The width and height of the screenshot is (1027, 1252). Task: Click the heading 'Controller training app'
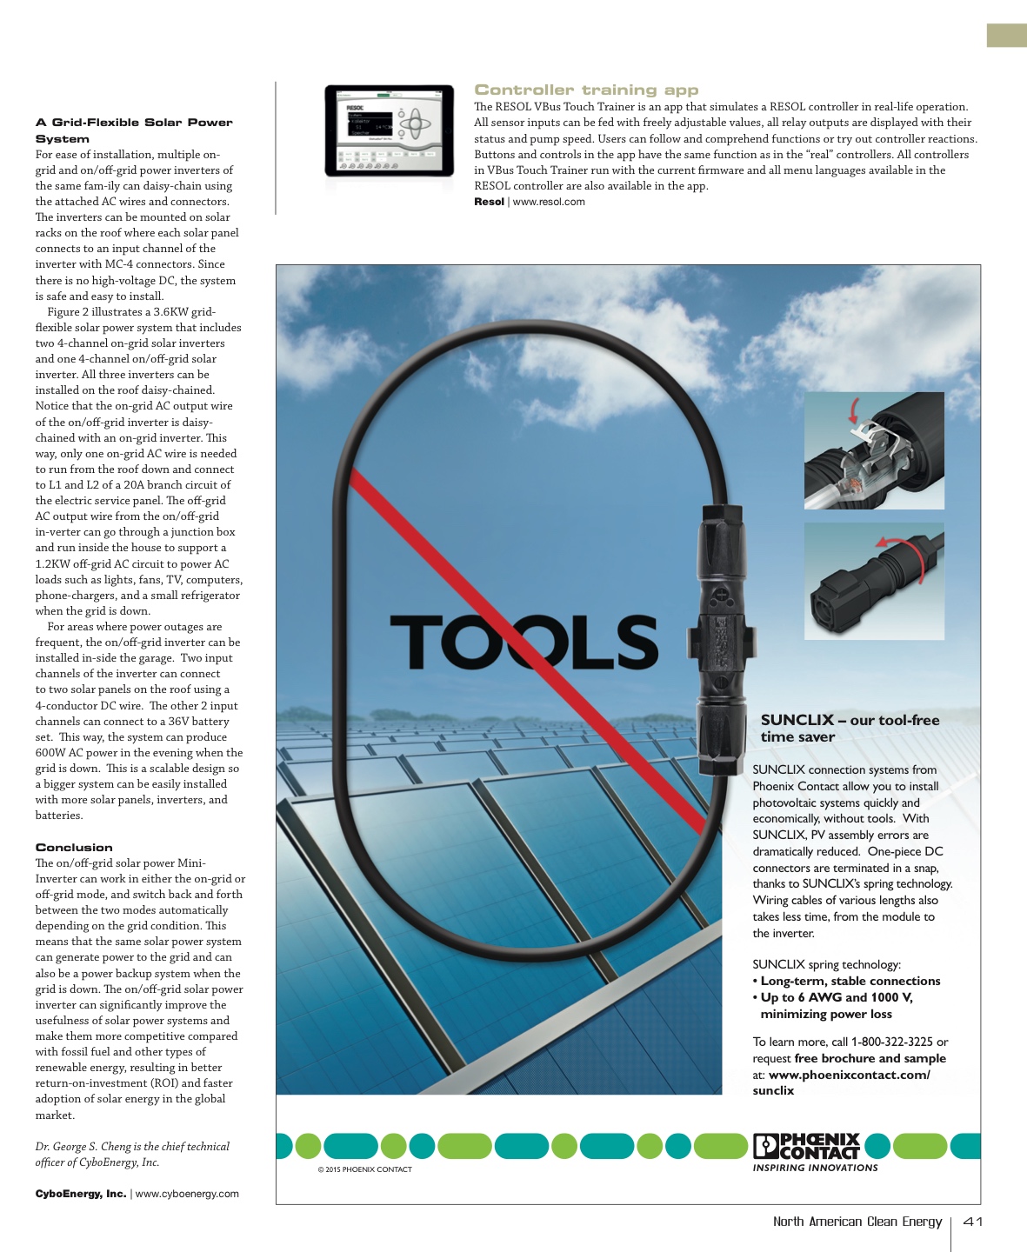pos(586,90)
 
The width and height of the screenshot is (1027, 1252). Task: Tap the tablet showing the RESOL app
pos(389,130)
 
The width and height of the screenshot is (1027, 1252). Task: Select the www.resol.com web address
pos(549,202)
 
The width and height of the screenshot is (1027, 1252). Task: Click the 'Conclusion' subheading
pos(74,847)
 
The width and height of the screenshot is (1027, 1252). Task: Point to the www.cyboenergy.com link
pos(187,1194)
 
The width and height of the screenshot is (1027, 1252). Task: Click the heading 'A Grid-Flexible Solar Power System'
pos(133,130)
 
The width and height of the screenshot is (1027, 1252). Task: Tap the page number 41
pos(973,1222)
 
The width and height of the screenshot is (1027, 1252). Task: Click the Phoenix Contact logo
pos(806,1146)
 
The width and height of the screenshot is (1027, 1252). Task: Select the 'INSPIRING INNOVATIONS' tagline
pos(815,1168)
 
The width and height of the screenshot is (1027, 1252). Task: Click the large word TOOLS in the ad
pos(524,643)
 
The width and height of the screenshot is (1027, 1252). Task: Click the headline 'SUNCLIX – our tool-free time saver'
pos(850,728)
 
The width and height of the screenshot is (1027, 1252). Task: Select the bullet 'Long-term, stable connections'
pos(850,981)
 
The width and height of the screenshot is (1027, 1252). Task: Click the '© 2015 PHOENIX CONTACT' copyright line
pos(364,1169)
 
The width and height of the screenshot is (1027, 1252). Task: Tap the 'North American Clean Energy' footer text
pos(857,1222)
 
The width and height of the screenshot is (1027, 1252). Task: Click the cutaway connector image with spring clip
pos(873,450)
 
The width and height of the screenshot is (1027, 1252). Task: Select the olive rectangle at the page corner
pos(1006,35)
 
